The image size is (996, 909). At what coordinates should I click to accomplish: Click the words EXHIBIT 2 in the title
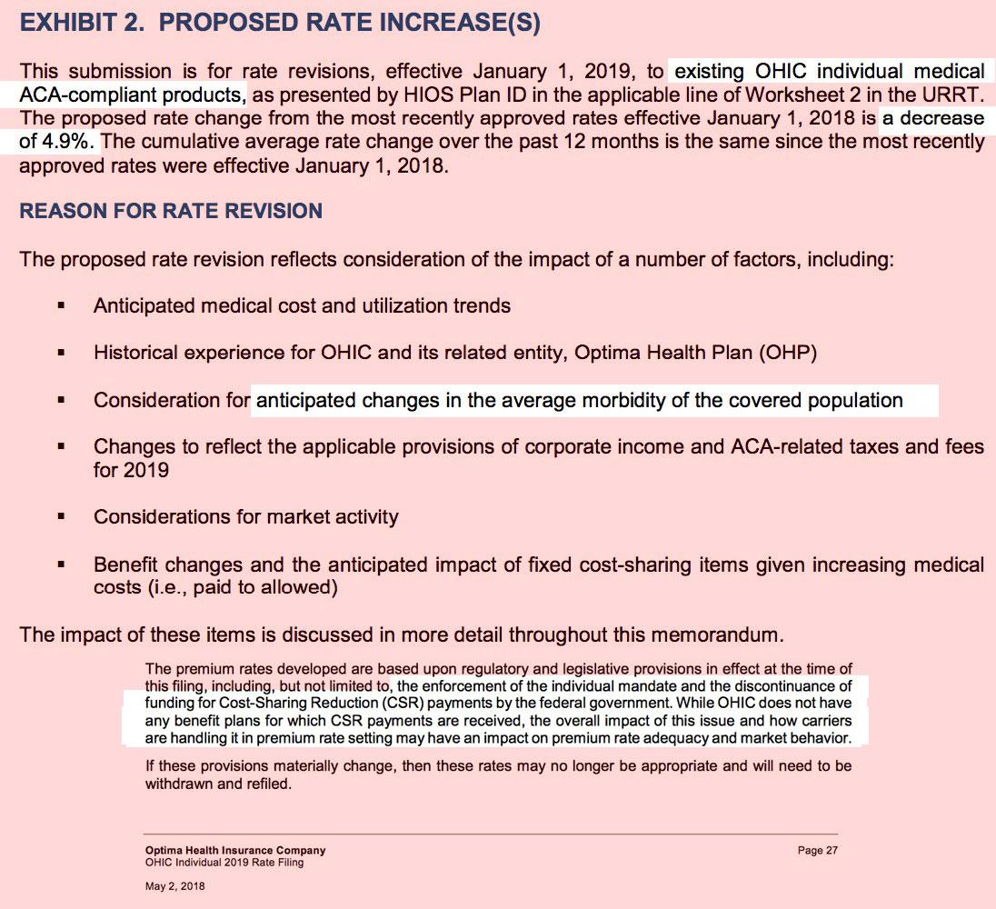[x=79, y=24]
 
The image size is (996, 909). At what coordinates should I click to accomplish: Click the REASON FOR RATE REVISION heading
[x=171, y=211]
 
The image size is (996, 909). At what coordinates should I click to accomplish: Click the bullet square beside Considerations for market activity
[x=61, y=517]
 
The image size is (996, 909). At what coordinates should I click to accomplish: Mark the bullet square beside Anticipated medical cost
[x=61, y=306]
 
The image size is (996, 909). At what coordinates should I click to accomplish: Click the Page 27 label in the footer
[x=817, y=851]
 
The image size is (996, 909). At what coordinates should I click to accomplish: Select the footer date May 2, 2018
[x=174, y=886]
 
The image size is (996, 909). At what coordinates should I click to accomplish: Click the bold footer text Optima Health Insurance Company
[x=234, y=851]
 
